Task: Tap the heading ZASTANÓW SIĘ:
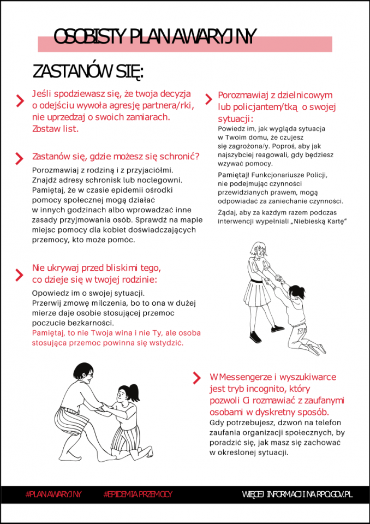pyautogui.click(x=87, y=72)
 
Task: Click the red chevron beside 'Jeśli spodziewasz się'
pyautogui.click(x=20, y=100)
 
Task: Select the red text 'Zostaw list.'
pyautogui.click(x=55, y=129)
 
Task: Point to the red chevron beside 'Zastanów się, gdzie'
pyautogui.click(x=20, y=158)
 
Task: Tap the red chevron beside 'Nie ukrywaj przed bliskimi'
pyautogui.click(x=20, y=273)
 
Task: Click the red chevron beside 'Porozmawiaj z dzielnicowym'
pyautogui.click(x=208, y=99)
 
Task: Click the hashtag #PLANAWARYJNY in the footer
pyautogui.click(x=53, y=494)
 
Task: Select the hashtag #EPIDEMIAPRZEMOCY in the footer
pyautogui.click(x=138, y=494)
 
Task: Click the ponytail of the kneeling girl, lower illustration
pyautogui.click(x=134, y=390)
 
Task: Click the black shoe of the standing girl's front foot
pyautogui.click(x=277, y=329)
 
